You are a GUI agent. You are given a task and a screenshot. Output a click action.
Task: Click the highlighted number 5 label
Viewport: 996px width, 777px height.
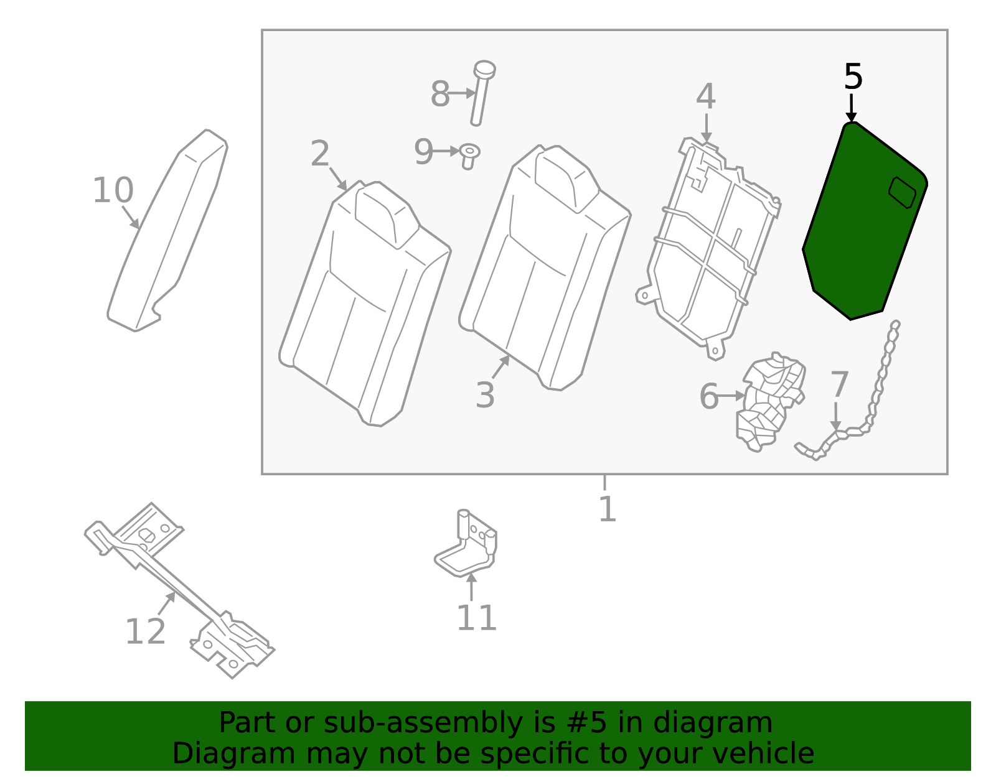(853, 77)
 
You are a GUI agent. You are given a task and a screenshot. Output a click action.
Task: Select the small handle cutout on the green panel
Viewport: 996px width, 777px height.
(902, 192)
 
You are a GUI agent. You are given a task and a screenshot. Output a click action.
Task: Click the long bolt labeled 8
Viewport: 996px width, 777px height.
(480, 93)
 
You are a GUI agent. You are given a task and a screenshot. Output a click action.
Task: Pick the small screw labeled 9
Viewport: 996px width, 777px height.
(469, 155)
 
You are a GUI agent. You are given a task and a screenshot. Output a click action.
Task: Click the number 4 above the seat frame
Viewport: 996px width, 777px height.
(706, 97)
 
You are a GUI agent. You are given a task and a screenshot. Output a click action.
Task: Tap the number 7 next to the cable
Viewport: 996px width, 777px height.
(839, 384)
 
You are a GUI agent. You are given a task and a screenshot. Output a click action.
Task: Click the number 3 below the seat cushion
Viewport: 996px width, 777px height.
(485, 395)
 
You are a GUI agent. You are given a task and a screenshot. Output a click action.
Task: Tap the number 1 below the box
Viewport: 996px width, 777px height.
(607, 509)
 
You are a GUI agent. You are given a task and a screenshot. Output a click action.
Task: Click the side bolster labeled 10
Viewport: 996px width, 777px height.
(168, 230)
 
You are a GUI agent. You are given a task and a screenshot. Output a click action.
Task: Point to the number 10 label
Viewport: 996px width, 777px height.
(113, 190)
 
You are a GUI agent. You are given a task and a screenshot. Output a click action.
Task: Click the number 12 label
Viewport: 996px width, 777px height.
(145, 632)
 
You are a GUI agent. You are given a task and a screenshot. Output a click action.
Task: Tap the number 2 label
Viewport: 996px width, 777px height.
(320, 153)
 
